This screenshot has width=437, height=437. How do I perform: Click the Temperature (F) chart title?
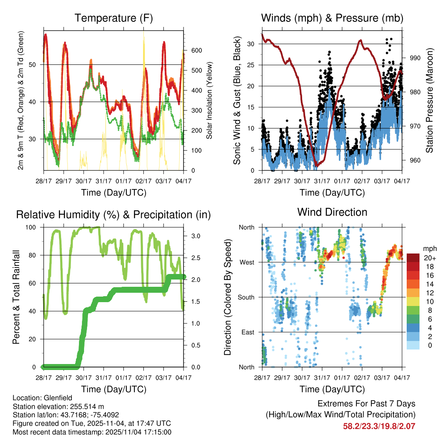pyautogui.click(x=114, y=18)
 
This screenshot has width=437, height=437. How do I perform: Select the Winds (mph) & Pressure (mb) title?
pyautogui.click(x=332, y=18)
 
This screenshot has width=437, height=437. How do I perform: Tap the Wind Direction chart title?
pyautogui.click(x=332, y=212)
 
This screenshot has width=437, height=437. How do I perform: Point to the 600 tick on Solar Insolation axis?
pyautogui.click(x=196, y=50)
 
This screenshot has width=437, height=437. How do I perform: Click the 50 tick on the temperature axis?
pyautogui.click(x=37, y=64)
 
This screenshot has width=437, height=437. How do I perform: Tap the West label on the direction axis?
pyautogui.click(x=247, y=262)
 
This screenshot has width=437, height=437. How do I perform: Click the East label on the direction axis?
pyautogui.click(x=248, y=332)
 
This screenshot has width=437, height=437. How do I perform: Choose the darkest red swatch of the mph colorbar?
pyautogui.click(x=413, y=258)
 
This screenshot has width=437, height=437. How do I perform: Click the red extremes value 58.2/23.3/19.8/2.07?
pyautogui.click(x=379, y=426)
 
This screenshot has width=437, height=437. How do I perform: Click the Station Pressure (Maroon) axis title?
pyautogui.click(x=430, y=100)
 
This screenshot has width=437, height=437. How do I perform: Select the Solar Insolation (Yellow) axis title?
pyautogui.click(x=210, y=100)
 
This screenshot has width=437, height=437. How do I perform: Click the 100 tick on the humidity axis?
pyautogui.click(x=32, y=227)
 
